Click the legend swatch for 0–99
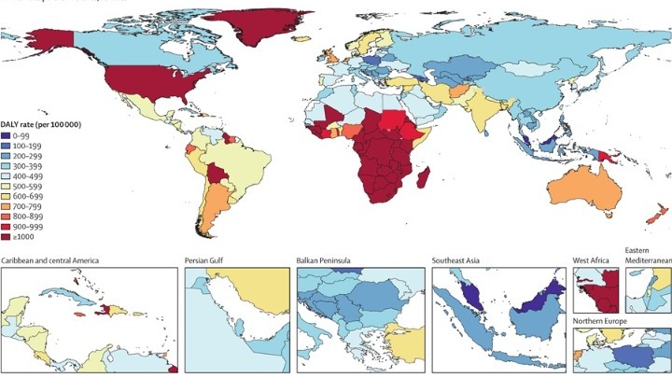(x=7, y=137)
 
